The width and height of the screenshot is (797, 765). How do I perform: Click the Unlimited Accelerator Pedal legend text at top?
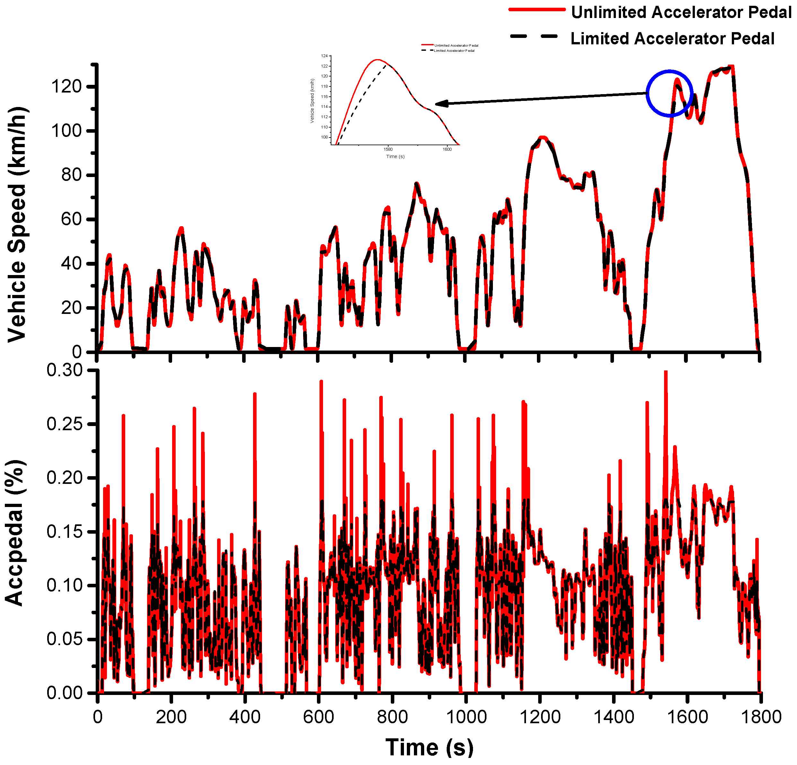(x=681, y=12)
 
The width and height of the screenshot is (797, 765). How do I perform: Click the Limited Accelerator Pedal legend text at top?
(x=672, y=39)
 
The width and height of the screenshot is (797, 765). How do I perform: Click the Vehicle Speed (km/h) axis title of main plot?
(x=17, y=224)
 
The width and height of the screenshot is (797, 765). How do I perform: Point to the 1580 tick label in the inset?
(x=388, y=149)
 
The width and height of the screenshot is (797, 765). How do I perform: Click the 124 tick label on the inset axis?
(x=324, y=56)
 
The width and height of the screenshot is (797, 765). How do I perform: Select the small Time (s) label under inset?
(x=395, y=157)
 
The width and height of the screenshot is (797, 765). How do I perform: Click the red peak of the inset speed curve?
(x=378, y=59)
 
